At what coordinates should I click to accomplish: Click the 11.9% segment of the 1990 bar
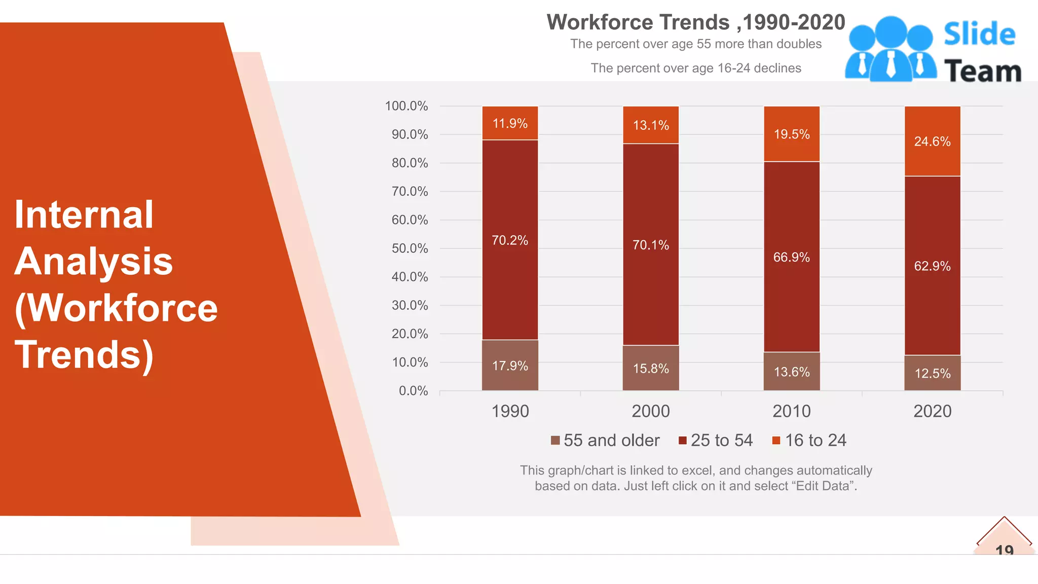point(510,123)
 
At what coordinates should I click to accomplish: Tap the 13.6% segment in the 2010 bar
point(792,372)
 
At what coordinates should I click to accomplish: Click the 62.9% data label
point(933,266)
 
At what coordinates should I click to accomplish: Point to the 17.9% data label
point(510,366)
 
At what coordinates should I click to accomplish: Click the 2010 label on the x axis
point(792,411)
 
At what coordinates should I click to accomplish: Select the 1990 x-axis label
point(510,411)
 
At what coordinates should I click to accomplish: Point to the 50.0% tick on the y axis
point(410,248)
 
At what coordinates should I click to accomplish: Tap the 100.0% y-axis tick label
point(406,106)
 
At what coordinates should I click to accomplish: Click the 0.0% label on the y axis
point(413,391)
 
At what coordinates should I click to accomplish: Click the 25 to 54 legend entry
point(716,440)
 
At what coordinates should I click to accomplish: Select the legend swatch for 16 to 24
point(776,440)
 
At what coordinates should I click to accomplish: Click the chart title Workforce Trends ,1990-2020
point(696,22)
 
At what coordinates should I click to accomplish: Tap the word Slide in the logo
point(979,34)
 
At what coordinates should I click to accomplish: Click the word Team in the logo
point(983,71)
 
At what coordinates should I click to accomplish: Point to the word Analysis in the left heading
point(94,262)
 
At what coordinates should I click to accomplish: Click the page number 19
point(1004,550)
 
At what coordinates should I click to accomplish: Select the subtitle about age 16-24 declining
point(696,68)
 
